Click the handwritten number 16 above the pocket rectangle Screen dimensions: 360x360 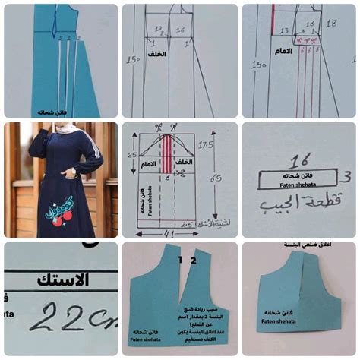[298, 161]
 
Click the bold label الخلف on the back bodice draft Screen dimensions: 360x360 [157, 55]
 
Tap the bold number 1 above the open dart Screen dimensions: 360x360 [180, 260]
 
